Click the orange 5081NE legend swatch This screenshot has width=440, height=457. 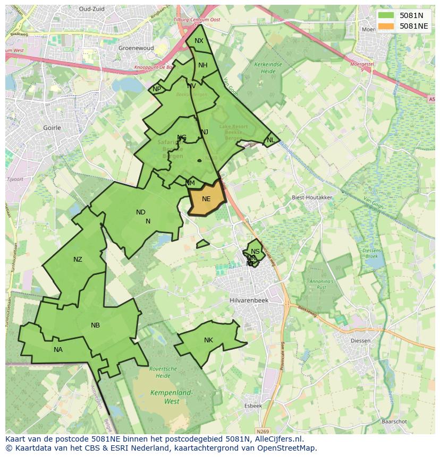pos(386,26)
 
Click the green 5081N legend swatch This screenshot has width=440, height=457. pos(386,15)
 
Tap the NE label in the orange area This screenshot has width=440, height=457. pos(206,199)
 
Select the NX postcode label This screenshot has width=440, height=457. pos(199,41)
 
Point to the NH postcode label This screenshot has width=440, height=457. pos(203,65)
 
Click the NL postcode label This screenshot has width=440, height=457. pos(270,140)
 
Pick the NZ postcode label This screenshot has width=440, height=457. pos(78,260)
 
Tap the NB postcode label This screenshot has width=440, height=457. pos(95,325)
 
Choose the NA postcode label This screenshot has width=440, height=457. pos(58,349)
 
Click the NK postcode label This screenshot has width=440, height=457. pos(208,340)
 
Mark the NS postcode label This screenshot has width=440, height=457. pos(255,252)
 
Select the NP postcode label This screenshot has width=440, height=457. pos(157,89)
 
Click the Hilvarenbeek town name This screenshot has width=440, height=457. pos(249,300)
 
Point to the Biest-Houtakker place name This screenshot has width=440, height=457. pos(312,197)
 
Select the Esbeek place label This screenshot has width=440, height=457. pos(253,406)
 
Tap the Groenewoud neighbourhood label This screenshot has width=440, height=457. pos(136,48)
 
